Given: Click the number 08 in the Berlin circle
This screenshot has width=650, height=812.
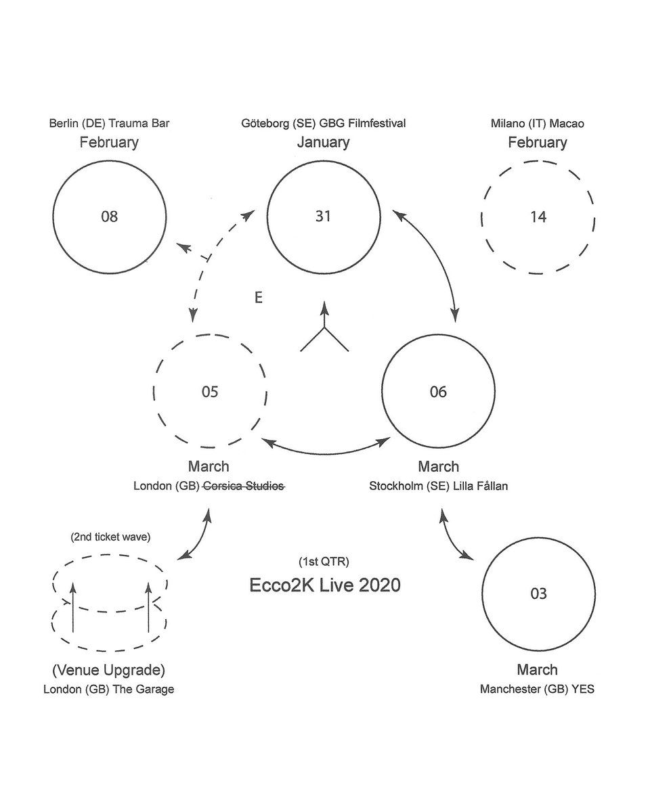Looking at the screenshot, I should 109,217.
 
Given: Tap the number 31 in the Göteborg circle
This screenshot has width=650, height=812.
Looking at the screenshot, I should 323,217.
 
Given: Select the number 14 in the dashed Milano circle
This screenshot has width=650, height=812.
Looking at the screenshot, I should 539,217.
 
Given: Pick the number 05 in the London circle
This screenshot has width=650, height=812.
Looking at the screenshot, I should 210,392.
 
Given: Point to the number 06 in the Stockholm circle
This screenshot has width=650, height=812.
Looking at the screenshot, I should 438,392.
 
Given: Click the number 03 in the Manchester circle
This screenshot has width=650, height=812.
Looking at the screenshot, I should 538,594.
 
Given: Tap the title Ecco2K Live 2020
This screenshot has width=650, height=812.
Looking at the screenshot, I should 325,585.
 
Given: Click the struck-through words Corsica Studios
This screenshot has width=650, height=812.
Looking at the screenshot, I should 244,485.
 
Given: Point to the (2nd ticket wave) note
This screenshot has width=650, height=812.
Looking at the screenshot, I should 110,537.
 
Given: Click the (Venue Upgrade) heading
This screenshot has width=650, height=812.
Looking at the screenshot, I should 109,671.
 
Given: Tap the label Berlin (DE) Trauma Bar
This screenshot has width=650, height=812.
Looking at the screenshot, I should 109,124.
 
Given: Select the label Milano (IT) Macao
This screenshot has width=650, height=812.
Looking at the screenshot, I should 538,124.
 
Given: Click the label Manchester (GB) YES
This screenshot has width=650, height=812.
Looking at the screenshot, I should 538,690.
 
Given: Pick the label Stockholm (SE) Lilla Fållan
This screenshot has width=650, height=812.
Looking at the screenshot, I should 438,485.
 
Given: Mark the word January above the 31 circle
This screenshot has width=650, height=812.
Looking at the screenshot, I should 323,142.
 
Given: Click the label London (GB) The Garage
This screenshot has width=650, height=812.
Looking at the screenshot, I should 109,690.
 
